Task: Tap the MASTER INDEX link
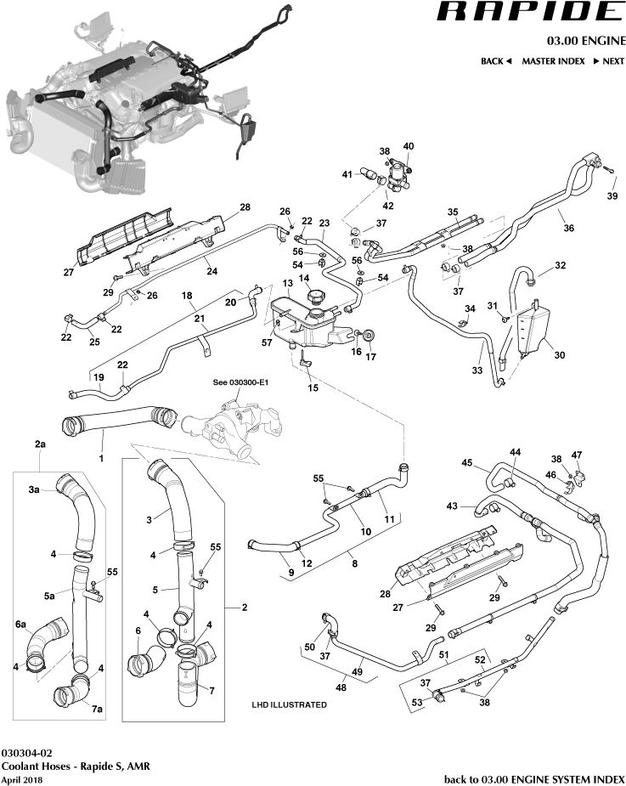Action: [553, 61]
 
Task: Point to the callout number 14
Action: [302, 278]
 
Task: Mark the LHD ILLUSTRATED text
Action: [290, 704]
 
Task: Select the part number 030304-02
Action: [27, 753]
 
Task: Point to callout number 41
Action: [347, 174]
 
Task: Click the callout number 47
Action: [578, 455]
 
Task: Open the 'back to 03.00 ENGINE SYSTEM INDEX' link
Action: [534, 778]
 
